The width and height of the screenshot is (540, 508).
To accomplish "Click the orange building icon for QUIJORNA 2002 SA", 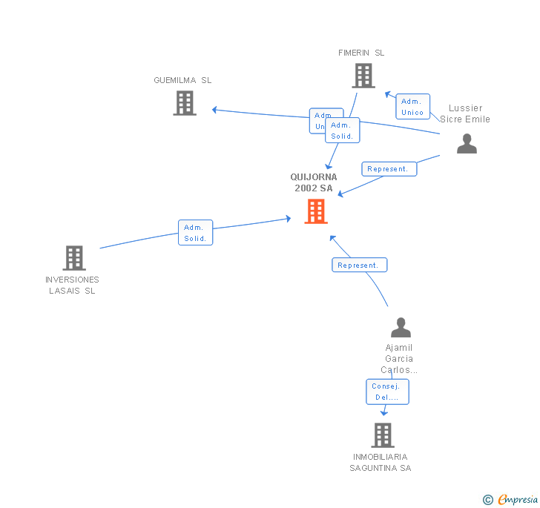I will pyautogui.click(x=316, y=211).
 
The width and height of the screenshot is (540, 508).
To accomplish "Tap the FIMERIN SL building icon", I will pyautogui.click(x=363, y=76).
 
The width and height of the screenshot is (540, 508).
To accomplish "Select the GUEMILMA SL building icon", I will pyautogui.click(x=185, y=103).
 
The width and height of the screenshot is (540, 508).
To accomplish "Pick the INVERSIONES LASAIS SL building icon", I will pyautogui.click(x=74, y=258).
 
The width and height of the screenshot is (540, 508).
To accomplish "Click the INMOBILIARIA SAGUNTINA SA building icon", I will pyautogui.click(x=382, y=435).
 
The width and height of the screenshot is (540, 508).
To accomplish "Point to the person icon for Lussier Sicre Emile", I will pyautogui.click(x=467, y=144).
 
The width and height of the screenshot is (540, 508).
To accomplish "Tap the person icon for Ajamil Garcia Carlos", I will pyautogui.click(x=401, y=328).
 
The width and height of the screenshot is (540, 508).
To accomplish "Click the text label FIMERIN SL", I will pyautogui.click(x=361, y=53).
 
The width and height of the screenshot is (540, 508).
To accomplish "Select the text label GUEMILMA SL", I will pyautogui.click(x=182, y=80).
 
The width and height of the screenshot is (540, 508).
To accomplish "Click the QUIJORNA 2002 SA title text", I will pyautogui.click(x=314, y=182).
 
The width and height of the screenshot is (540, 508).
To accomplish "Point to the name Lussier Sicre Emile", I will pyautogui.click(x=465, y=113).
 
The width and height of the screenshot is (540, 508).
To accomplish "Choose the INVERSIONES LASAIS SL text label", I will pyautogui.click(x=72, y=285).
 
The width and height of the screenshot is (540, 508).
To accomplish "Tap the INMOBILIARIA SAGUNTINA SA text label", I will pyautogui.click(x=381, y=462).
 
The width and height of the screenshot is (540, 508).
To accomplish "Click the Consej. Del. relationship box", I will pyautogui.click(x=386, y=392).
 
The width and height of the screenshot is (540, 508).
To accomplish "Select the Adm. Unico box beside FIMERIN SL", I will pyautogui.click(x=412, y=107).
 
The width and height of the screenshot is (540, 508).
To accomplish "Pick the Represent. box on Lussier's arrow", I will pyautogui.click(x=389, y=169).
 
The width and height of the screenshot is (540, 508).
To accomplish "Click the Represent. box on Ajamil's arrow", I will pyautogui.click(x=359, y=265).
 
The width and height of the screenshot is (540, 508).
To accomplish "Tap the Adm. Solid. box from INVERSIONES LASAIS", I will pyautogui.click(x=196, y=233).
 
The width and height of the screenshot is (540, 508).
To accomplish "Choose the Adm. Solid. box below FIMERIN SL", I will pyautogui.click(x=343, y=131).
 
